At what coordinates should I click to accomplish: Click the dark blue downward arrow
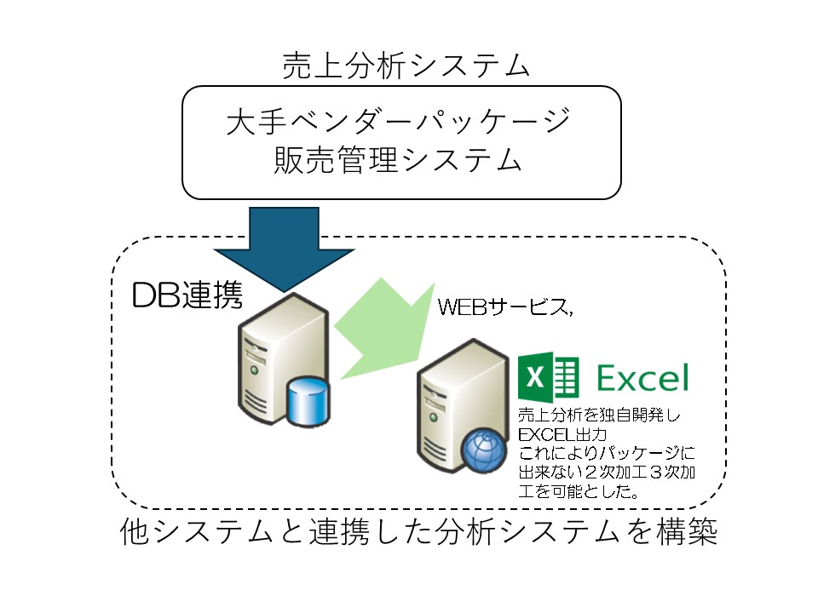coord(285,243)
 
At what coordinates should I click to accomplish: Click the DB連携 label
coord(187,295)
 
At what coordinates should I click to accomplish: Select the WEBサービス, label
coord(505,307)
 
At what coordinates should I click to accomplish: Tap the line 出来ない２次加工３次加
coord(608,473)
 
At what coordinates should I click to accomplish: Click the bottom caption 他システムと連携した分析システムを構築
coord(418,534)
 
